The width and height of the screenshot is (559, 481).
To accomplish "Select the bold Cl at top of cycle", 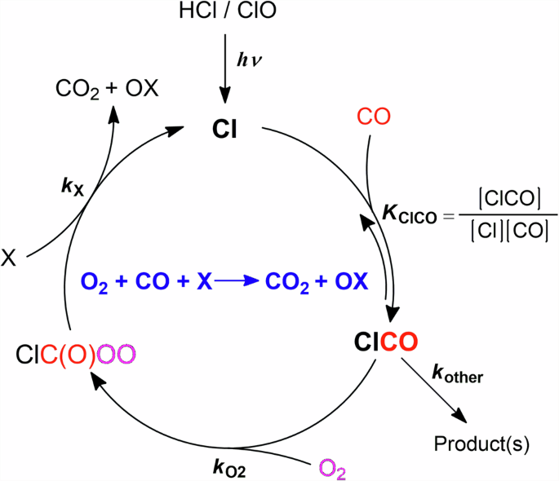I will [224, 129].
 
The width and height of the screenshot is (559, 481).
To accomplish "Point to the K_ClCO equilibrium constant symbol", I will [412, 214].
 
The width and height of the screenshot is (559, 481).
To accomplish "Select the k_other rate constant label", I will [458, 377].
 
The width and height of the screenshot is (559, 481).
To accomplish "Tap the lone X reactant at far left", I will [9, 258].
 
